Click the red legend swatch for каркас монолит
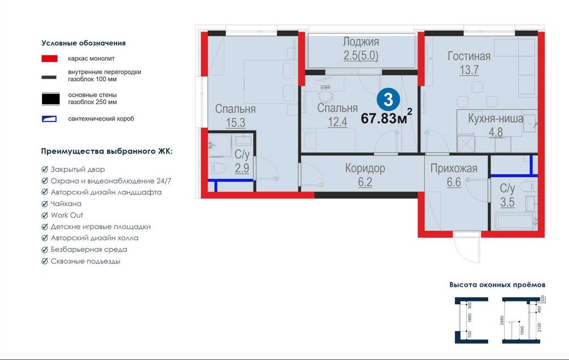click(50, 58)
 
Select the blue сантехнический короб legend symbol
click(50, 119)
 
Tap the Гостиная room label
click(469, 56)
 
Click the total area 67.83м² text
click(386, 118)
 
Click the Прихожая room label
click(453, 168)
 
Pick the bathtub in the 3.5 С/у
click(514, 221)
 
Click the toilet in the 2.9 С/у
click(217, 168)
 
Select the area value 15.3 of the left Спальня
click(235, 122)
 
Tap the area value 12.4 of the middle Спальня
click(337, 122)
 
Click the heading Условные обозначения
click(84, 43)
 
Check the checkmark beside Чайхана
click(45, 204)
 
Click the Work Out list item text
click(67, 215)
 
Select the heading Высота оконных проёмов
click(497, 284)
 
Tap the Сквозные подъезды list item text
click(85, 261)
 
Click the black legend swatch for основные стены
click(50, 98)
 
